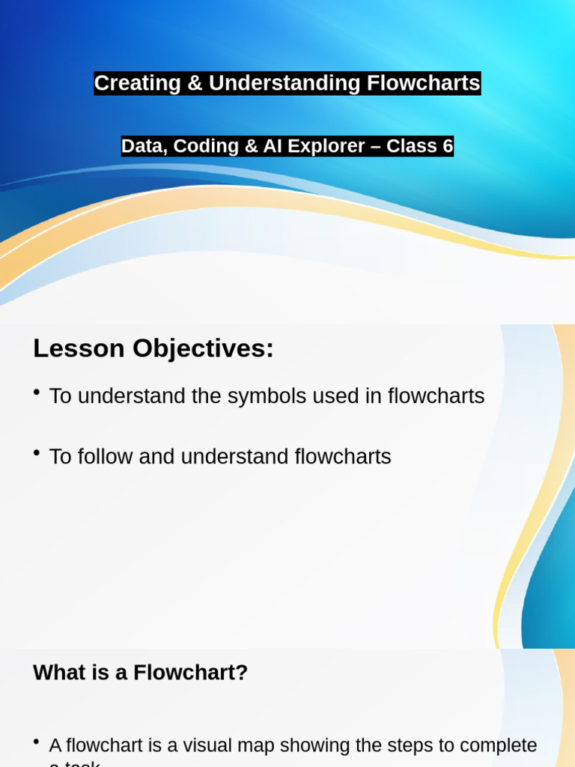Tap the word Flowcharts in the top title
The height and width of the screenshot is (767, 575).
[423, 83]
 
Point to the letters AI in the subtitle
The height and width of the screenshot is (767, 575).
[272, 146]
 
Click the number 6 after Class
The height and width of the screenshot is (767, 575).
[448, 146]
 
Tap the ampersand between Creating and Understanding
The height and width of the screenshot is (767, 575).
[195, 83]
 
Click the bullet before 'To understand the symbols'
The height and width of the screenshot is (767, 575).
[37, 393]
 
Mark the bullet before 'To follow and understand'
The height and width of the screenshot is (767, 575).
[37, 454]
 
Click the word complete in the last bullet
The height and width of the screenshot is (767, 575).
[499, 746]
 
